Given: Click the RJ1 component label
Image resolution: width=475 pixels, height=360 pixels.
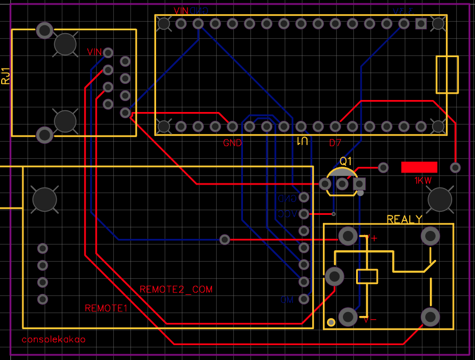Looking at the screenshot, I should [x=6, y=76].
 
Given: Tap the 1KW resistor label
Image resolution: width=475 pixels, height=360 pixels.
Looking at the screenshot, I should [x=423, y=180].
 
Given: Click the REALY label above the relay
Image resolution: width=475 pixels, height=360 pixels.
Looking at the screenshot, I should [x=404, y=219].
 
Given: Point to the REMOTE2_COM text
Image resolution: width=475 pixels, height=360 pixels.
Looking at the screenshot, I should [x=176, y=290].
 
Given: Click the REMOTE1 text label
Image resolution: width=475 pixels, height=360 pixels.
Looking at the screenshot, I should [x=106, y=308].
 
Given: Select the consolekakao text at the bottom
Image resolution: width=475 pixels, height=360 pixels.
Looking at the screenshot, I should [x=53, y=339].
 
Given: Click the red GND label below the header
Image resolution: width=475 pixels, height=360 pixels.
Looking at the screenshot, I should [x=232, y=143].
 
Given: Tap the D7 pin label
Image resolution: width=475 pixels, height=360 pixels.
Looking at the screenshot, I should [x=335, y=142].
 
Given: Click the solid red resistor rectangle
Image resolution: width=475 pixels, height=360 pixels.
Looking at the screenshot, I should [x=419, y=167].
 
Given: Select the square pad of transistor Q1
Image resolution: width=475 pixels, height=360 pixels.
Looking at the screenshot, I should [x=360, y=184].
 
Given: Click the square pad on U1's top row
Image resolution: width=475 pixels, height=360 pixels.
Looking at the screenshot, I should [x=421, y=23].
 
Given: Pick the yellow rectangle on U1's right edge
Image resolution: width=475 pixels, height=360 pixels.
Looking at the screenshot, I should [x=447, y=74].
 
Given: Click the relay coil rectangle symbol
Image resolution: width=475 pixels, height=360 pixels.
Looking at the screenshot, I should [x=367, y=276].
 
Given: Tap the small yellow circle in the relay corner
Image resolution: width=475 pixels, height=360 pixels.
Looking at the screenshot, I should [x=331, y=323].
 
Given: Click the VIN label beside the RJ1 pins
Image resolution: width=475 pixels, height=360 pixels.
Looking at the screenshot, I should [x=94, y=52].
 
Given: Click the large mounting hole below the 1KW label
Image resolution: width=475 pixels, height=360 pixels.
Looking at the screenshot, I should [x=440, y=199].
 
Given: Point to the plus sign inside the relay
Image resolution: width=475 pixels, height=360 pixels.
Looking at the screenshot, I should [x=374, y=238].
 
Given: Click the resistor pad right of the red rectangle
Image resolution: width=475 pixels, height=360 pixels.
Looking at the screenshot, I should [x=455, y=167].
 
